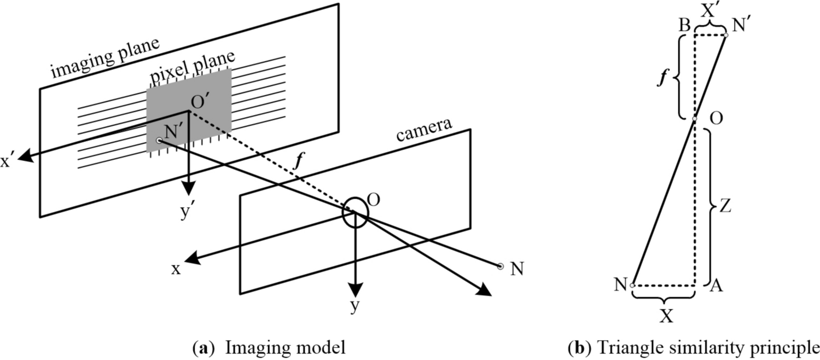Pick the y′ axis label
[189, 212]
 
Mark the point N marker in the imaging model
[499, 266]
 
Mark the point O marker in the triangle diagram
[695, 119]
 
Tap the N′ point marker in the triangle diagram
[725, 35]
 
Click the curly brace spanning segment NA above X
[663, 299]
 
